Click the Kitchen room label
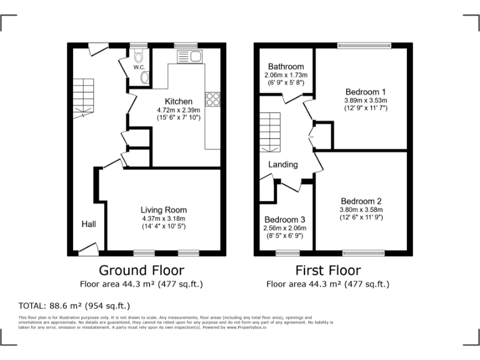coord(178,101)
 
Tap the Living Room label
coord(163,210)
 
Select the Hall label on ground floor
coord(88,224)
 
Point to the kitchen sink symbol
coord(189,57)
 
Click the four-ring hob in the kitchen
coord(213,98)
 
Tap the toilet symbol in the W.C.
coord(138,55)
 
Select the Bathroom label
coord(286,67)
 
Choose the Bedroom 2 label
coord(361,201)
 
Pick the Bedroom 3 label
coord(284,220)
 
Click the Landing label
coord(283,164)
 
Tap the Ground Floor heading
coord(142,270)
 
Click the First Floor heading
coord(328,270)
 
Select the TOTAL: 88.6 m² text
coord(74,306)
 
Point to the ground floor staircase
coord(82,97)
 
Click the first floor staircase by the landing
coord(271,132)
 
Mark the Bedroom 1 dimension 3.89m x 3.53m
coord(366,100)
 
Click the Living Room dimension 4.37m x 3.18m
coord(163,219)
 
